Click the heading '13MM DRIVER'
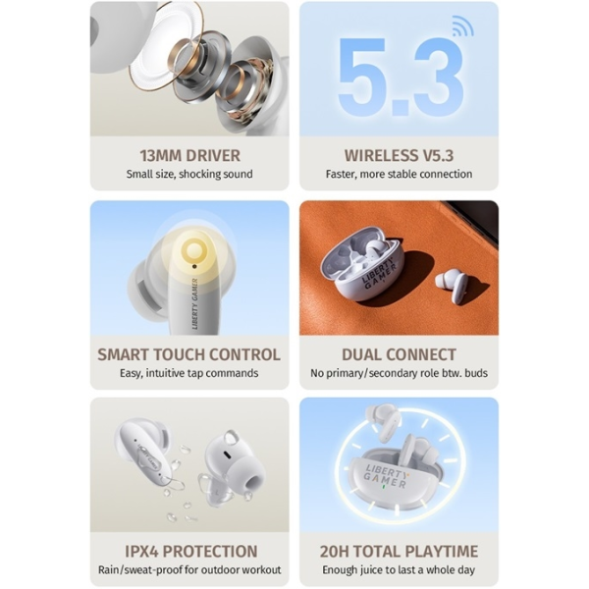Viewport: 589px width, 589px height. click(189, 155)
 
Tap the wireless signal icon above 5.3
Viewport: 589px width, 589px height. click(462, 27)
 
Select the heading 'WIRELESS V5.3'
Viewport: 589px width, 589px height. click(399, 155)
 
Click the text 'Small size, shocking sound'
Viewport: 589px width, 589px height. click(189, 175)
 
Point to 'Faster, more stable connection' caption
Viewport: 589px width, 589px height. click(399, 175)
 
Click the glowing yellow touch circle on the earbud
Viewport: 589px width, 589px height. click(193, 248)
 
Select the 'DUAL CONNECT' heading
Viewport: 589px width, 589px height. click(399, 354)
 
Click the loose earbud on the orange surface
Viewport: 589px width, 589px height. click(452, 284)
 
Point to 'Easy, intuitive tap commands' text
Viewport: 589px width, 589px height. click(188, 373)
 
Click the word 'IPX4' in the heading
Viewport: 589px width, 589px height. click(141, 552)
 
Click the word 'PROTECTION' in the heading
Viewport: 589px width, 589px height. click(210, 552)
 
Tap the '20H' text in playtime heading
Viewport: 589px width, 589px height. click(335, 552)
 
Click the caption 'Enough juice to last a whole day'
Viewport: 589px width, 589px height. click(399, 570)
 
